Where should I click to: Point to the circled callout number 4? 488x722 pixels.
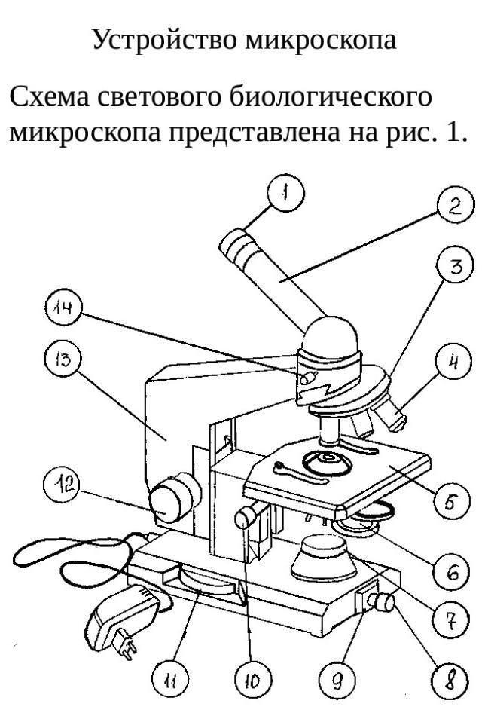455,361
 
